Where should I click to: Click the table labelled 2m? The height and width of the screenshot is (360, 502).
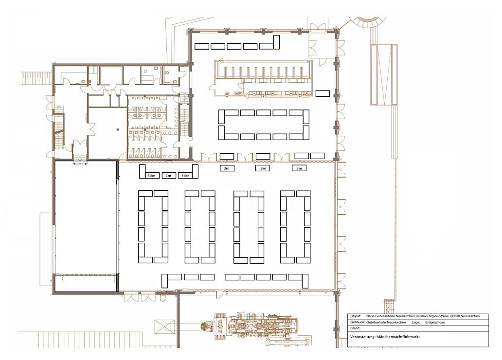(168, 176)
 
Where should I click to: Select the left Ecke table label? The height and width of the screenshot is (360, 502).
(151, 176)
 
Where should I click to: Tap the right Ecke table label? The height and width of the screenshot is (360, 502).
(185, 176)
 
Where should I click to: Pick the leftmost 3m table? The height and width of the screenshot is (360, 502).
(227, 168)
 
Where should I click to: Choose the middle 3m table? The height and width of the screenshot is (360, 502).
(263, 168)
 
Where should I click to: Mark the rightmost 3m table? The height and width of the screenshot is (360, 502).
(299, 168)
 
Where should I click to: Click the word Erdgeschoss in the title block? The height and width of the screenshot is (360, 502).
(435, 323)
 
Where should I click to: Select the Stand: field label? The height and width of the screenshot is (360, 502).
(355, 328)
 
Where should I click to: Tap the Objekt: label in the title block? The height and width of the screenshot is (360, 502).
(356, 316)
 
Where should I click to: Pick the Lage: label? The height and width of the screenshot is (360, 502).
(416, 323)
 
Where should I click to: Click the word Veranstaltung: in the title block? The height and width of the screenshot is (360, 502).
(363, 337)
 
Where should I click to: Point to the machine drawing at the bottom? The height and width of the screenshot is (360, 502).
(256, 329)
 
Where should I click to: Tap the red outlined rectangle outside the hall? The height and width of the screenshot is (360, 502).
(384, 74)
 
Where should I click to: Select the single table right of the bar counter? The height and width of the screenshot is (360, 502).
(323, 93)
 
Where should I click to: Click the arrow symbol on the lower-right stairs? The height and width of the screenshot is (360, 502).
(388, 310)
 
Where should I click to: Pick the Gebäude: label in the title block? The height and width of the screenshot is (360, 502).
(357, 323)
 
